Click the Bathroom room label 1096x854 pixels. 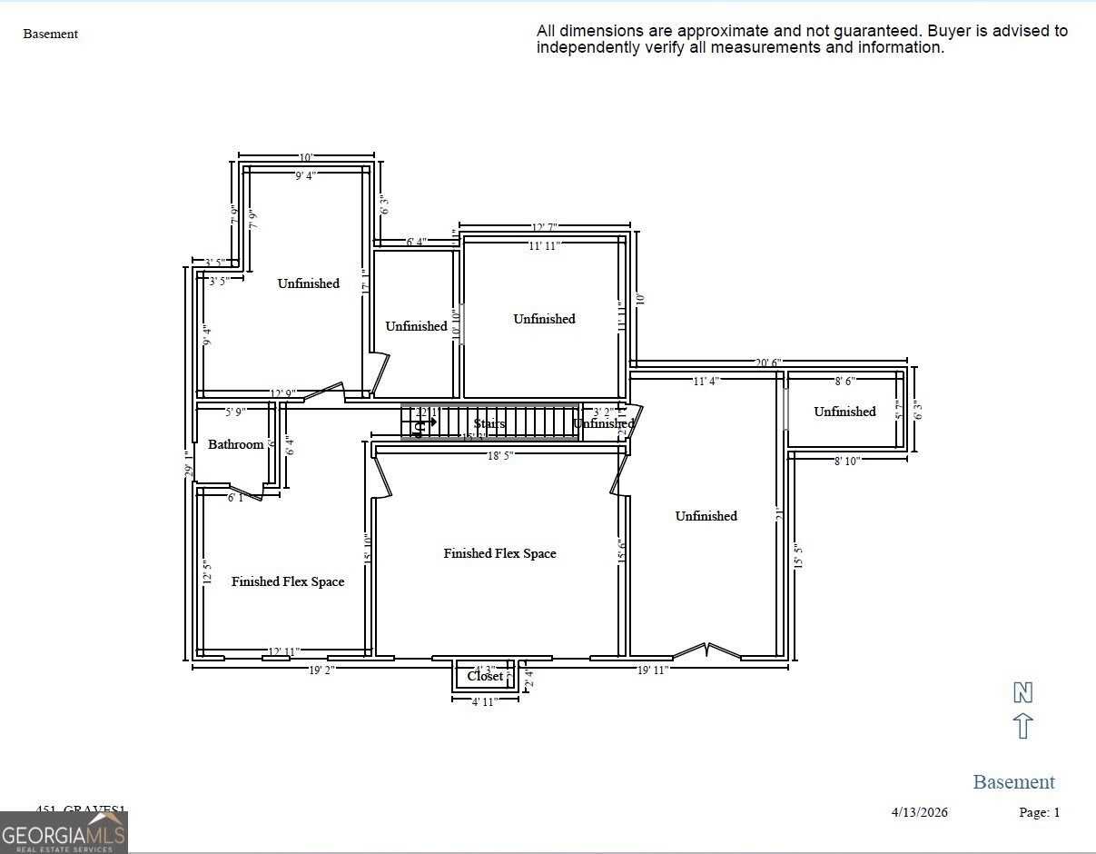(235, 444)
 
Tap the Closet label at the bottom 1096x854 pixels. (485, 676)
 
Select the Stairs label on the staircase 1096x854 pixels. (489, 423)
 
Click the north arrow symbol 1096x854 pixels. (1022, 726)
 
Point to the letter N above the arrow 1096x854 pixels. (1022, 693)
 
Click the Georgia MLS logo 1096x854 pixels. (64, 832)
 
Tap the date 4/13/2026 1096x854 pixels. (919, 812)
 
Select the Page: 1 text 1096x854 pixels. (1039, 812)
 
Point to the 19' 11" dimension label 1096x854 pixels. (651, 670)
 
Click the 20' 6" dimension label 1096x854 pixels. (767, 362)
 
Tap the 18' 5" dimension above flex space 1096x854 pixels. (500, 456)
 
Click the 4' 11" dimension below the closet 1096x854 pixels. (484, 701)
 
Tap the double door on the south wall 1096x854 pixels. (707, 650)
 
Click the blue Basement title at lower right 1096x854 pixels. (1013, 781)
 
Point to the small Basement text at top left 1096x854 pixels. (51, 35)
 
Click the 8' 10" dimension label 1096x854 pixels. (846, 461)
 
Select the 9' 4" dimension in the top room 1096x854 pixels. (304, 175)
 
